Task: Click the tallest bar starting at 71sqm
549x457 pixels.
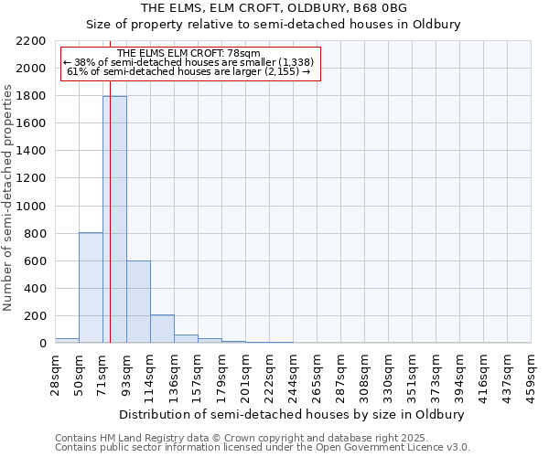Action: pyautogui.click(x=114, y=219)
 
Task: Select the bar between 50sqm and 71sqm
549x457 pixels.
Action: pyautogui.click(x=91, y=288)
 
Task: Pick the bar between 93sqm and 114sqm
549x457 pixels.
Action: pyautogui.click(x=138, y=302)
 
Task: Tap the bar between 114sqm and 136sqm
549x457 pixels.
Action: pyautogui.click(x=162, y=329)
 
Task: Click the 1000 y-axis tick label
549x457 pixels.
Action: pyautogui.click(x=33, y=207)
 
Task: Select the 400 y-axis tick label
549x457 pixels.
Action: pyautogui.click(x=37, y=289)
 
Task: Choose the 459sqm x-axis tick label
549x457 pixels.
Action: pyautogui.click(x=532, y=372)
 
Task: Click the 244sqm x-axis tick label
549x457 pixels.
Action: pyautogui.click(x=293, y=372)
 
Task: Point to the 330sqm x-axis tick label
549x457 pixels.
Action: pyautogui.click(x=388, y=372)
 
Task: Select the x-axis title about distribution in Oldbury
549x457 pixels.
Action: pyautogui.click(x=292, y=414)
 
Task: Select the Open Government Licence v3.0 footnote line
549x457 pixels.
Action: pyautogui.click(x=263, y=447)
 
